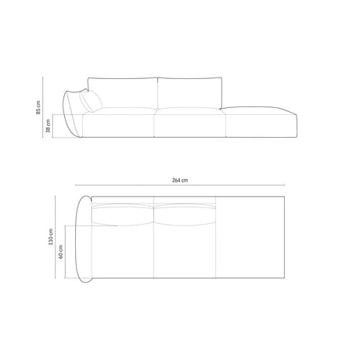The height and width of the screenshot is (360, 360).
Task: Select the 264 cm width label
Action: [181, 181]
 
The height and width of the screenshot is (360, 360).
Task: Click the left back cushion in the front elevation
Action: [124, 92]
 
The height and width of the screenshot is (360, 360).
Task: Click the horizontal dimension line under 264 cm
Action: [181, 187]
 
